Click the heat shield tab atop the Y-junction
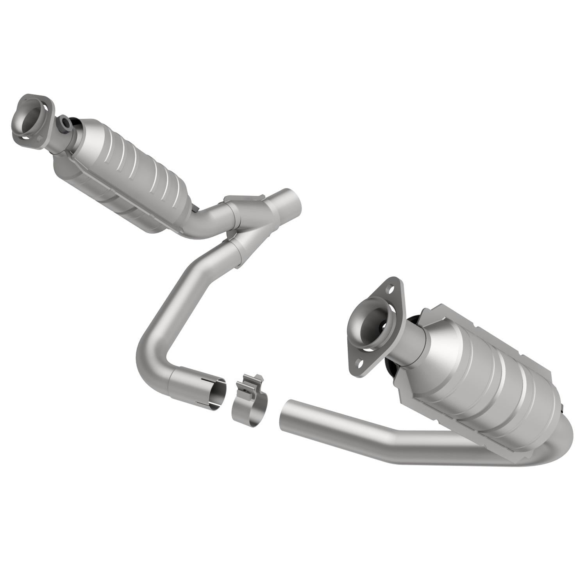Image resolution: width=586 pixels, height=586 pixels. tap(244, 199)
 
